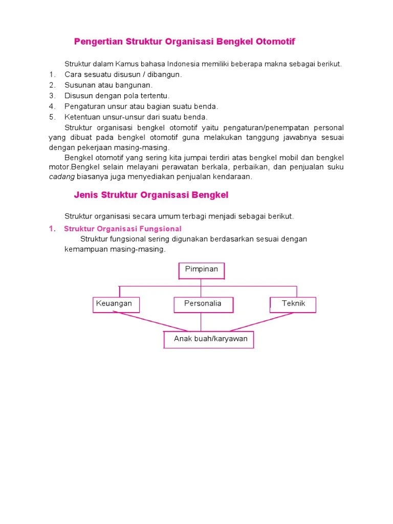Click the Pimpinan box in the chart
pyautogui.click(x=201, y=270)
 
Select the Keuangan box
pyautogui.click(x=116, y=304)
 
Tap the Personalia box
pyautogui.click(x=203, y=304)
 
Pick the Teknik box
pyautogui.click(x=293, y=304)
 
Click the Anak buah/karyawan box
pyautogui.click(x=209, y=339)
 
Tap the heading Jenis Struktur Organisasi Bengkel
pyautogui.click(x=151, y=195)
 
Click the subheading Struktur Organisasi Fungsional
pyautogui.click(x=123, y=229)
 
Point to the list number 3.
pyautogui.click(x=52, y=96)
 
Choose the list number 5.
pyautogui.click(x=52, y=117)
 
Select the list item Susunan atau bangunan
pyautogui.click(x=108, y=85)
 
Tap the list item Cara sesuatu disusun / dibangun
pyautogui.click(x=123, y=75)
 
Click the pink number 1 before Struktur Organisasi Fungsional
pyautogui.click(x=52, y=229)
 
